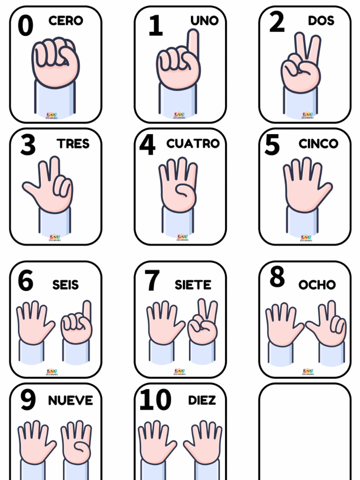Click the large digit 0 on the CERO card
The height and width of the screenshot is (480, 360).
coord(25,26)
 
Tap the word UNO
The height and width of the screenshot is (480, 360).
coord(204,21)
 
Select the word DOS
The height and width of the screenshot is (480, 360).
coord(321,21)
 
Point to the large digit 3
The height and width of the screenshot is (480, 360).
coord(28,145)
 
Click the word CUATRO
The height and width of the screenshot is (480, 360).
coord(193,143)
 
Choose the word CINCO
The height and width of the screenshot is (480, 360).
coord(318,143)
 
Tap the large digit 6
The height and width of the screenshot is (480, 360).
coord(25,281)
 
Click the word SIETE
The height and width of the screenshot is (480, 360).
coord(193,285)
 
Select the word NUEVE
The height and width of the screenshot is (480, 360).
coord(70,400)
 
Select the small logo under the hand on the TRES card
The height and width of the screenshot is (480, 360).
coord(55,238)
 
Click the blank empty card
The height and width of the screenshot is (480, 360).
coord(305,431)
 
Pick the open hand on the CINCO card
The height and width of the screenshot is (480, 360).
coord(305,185)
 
